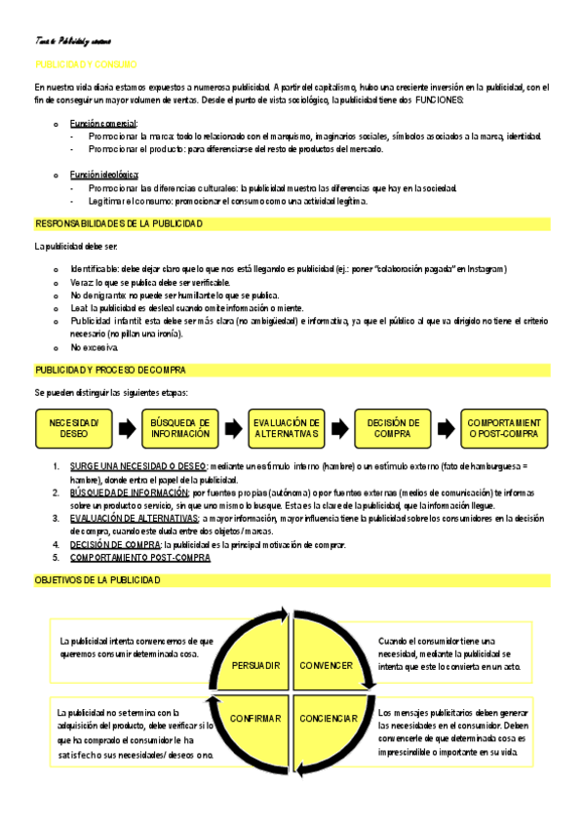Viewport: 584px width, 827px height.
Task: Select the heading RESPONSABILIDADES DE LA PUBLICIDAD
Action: pyautogui.click(x=119, y=223)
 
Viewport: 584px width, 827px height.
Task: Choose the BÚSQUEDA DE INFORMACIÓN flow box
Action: pyautogui.click(x=180, y=427)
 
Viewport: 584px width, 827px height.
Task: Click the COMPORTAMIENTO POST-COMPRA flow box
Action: pyautogui.click(x=505, y=427)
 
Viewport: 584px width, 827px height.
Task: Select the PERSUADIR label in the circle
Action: pyautogui.click(x=256, y=665)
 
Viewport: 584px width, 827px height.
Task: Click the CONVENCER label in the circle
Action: pyautogui.click(x=326, y=665)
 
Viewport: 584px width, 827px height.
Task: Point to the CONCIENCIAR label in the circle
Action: pyautogui.click(x=329, y=719)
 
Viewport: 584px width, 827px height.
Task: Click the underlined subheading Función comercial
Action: pyautogui.click(x=103, y=123)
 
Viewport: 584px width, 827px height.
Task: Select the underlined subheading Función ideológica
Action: pyautogui.click(x=104, y=175)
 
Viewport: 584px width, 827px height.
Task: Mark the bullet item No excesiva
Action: pyautogui.click(x=95, y=347)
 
